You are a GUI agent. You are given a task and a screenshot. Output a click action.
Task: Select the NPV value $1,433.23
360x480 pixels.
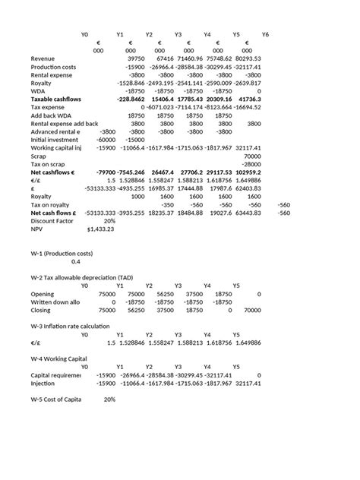(x=100, y=229)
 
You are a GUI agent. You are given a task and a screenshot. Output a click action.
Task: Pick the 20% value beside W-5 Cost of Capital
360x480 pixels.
(x=109, y=399)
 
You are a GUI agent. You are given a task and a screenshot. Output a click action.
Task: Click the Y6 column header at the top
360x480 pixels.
(x=265, y=35)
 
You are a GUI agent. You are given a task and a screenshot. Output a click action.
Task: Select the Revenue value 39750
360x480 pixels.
(x=134, y=58)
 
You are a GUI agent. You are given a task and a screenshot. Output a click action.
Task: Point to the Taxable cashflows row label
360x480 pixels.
(x=56, y=99)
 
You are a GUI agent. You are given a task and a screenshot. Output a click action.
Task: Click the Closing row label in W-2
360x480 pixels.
(x=42, y=310)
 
